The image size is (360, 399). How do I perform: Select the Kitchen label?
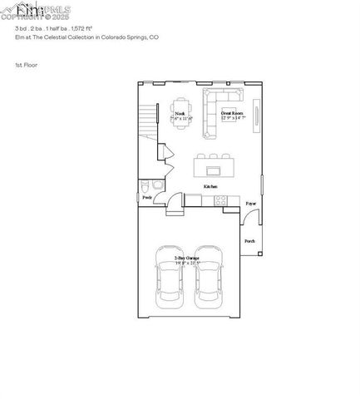(x=211, y=187)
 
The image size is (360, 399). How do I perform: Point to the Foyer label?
(x=250, y=203)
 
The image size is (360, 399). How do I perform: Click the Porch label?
(x=249, y=241)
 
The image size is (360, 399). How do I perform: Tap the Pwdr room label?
(x=147, y=198)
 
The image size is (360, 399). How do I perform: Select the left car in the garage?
(x=170, y=275)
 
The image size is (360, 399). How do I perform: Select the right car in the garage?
(x=209, y=275)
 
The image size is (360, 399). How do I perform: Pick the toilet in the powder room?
(x=145, y=185)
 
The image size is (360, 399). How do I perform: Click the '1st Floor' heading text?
(x=27, y=64)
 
